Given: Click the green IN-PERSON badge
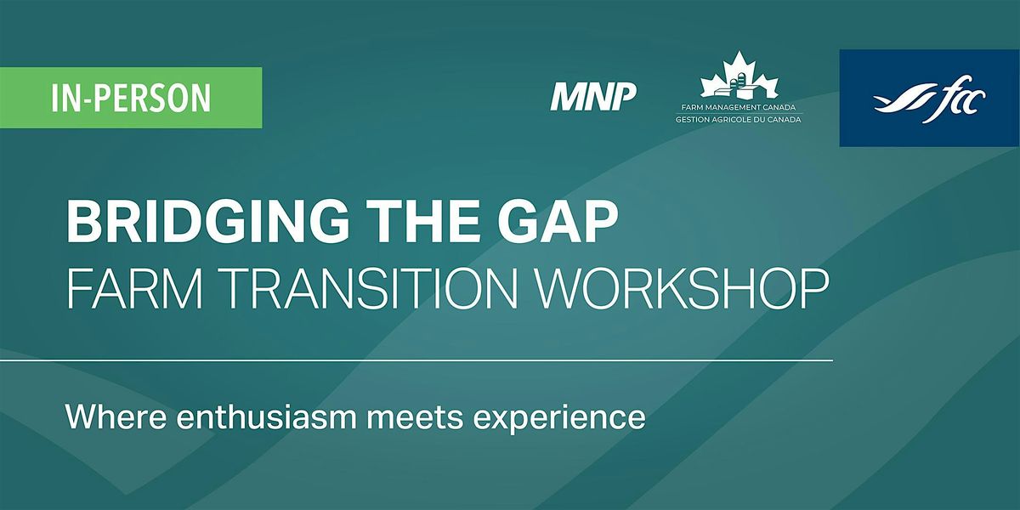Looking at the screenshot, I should click(131, 98).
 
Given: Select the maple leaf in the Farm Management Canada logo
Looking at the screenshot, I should click(739, 76).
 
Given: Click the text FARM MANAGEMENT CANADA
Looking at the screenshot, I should click(739, 109).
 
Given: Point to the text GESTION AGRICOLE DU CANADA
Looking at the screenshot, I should click(739, 120).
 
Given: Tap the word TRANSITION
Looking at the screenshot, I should click(356, 291).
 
